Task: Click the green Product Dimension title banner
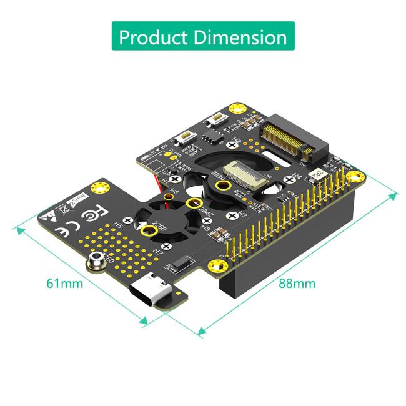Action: coord(203,36)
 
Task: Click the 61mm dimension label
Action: coord(65,283)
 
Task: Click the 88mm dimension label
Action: coord(297,283)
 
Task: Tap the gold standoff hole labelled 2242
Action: coord(196,204)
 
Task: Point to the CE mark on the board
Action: coord(62,230)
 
